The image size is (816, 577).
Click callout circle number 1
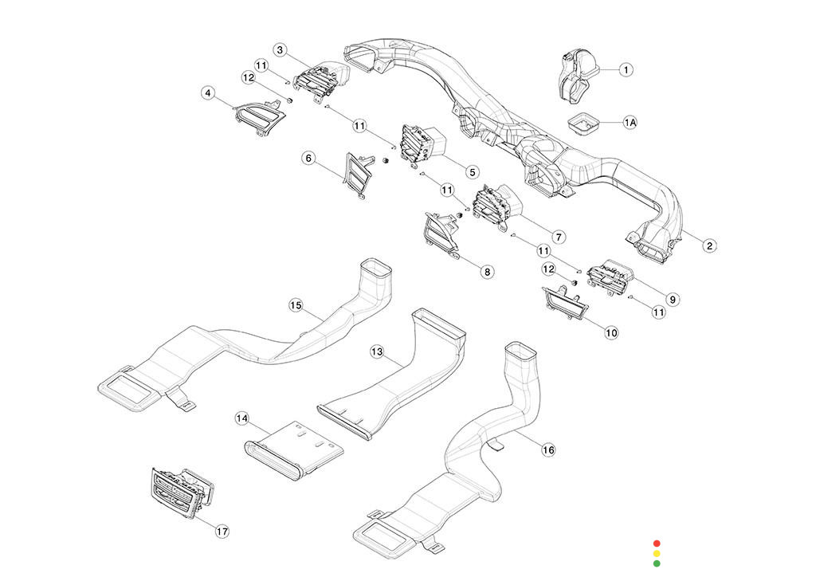[626, 70]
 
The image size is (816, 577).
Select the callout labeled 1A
[630, 123]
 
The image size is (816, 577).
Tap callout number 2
[709, 245]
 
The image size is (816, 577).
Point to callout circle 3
[280, 50]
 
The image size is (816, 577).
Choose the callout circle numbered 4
[209, 94]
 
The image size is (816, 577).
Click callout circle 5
[472, 172]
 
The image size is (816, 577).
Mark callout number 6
[308, 159]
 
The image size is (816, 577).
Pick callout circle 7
[559, 237]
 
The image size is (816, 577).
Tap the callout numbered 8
[487, 272]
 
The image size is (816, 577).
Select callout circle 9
[673, 300]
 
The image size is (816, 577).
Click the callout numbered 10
[611, 332]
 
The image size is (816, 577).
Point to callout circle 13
[378, 351]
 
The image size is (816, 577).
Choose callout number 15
[296, 306]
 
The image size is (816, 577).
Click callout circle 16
[548, 450]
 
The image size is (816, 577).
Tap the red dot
[657, 544]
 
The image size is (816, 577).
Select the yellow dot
[657, 554]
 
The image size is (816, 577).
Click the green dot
[657, 563]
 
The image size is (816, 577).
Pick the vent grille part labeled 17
[181, 493]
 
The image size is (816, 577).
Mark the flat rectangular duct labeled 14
[295, 449]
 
